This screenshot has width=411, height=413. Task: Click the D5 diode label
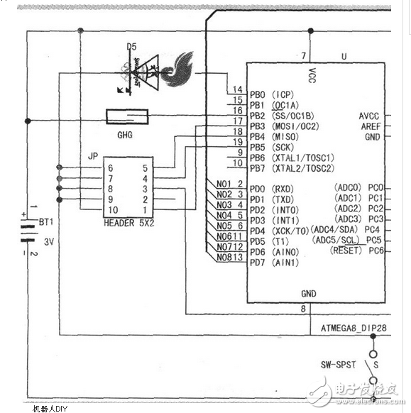[131, 46]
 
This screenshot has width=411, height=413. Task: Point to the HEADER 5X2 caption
[128, 223]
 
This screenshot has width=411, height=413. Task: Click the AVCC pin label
[370, 116]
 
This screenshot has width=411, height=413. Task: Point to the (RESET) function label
[347, 251]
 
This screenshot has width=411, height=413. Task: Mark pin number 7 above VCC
[303, 56]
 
